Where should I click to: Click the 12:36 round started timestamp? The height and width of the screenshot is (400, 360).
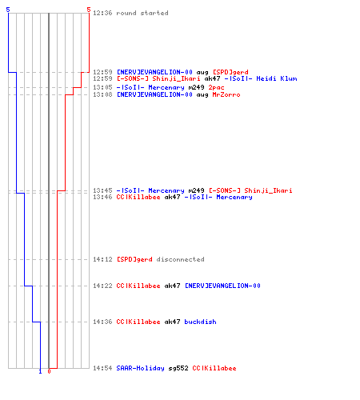pos(102,13)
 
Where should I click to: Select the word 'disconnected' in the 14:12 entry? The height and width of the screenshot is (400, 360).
pos(180,259)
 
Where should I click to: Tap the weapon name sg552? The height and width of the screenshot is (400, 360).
pos(178,369)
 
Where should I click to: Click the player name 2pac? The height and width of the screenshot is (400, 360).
pos(216,88)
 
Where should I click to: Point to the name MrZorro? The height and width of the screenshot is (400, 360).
pos(226,94)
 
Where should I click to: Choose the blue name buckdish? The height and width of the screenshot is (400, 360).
pos(200,322)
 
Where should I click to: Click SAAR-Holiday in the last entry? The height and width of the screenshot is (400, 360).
pos(140,369)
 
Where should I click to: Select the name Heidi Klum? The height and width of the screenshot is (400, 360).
pos(277,78)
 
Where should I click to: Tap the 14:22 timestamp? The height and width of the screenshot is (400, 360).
pos(102,286)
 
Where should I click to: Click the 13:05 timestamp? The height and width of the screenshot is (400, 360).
pos(102,87)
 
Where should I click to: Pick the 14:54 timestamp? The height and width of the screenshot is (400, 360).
pos(102,368)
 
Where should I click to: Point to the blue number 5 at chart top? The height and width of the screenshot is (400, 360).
pos(8,10)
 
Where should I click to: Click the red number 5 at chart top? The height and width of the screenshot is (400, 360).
pos(89,10)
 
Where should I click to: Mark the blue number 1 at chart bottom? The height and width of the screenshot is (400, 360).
pos(40,371)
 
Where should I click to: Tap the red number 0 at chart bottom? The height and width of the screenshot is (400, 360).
pos(49,371)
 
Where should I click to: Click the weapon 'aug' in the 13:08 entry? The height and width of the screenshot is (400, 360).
pos(202,95)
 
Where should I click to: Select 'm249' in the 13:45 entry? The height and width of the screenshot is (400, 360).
pos(196,190)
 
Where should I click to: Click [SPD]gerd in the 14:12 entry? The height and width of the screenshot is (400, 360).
pos(134,259)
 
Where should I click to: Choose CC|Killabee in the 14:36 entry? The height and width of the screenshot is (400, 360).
pos(138,322)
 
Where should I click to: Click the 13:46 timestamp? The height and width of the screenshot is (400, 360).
pos(102,198)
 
